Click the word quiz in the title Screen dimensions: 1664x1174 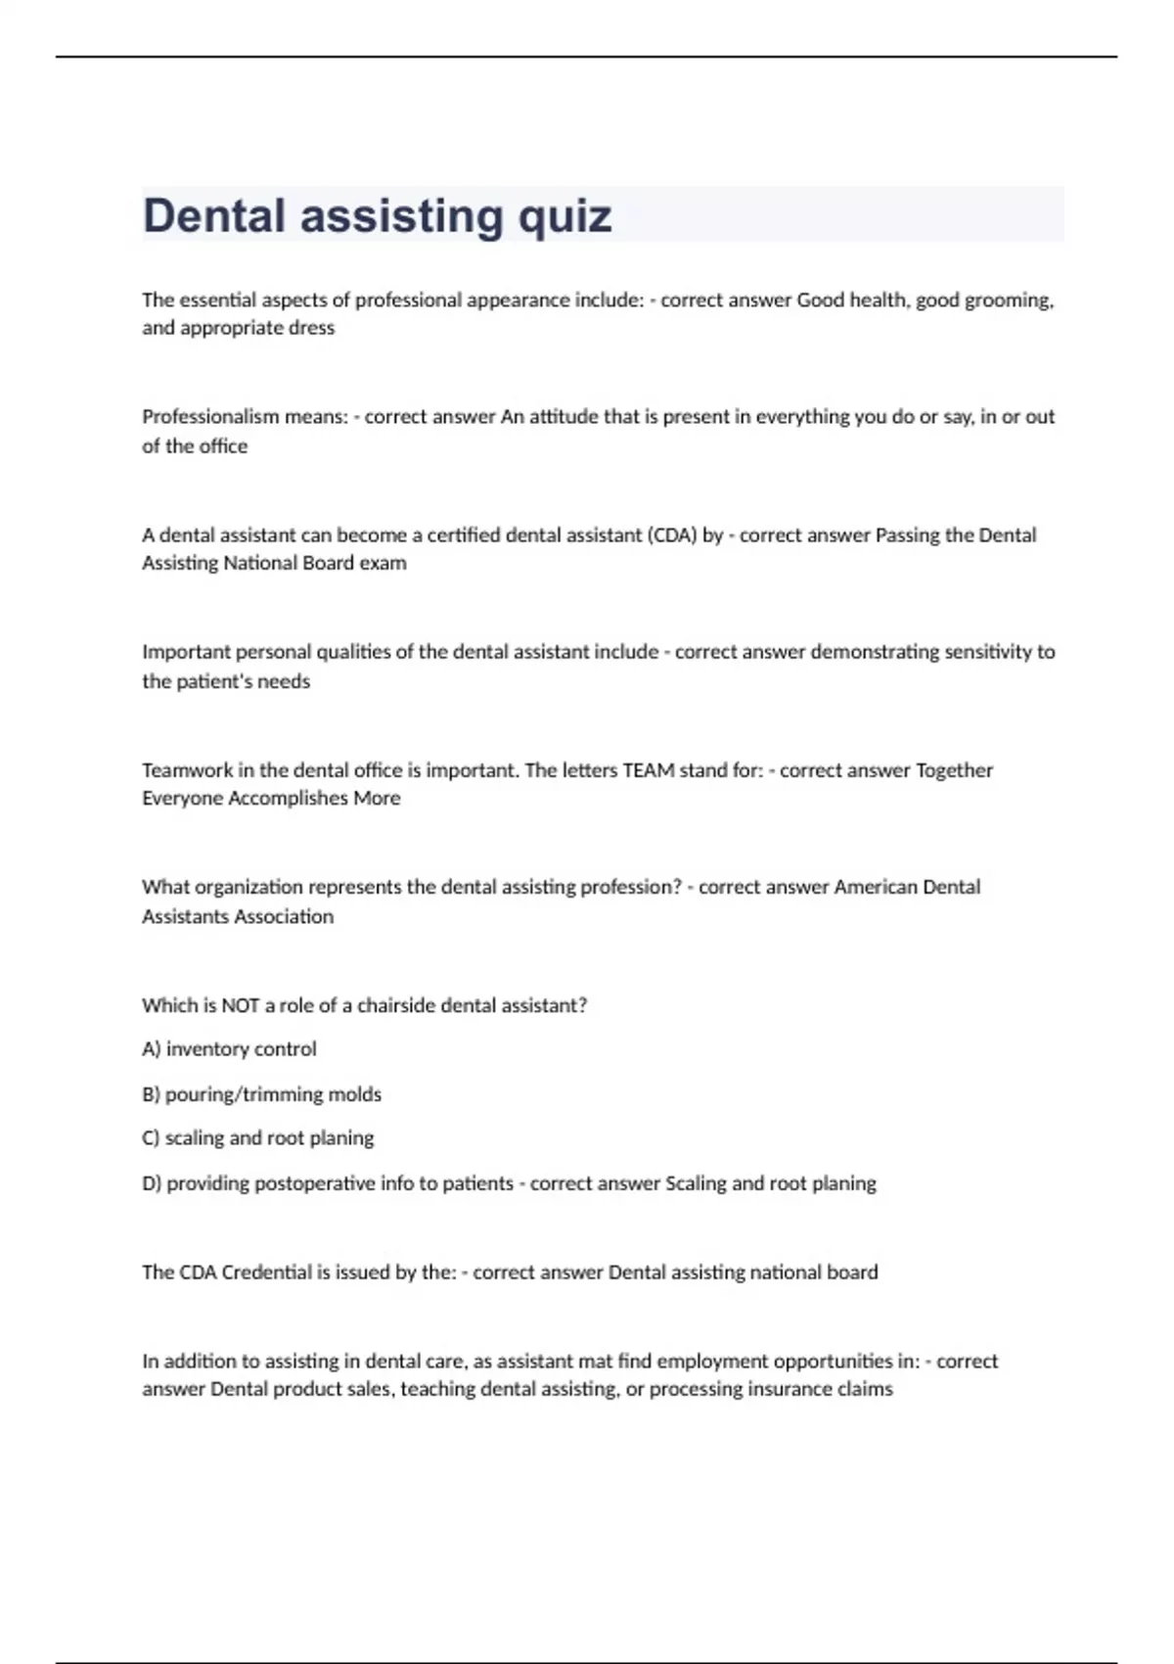[564, 216]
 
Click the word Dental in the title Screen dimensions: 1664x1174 [214, 215]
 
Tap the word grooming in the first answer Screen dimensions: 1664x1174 [1009, 300]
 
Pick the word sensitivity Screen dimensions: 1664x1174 [989, 652]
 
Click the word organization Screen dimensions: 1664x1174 [248, 888]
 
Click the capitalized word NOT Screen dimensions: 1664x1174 [240, 1005]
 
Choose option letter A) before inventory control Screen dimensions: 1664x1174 [151, 1049]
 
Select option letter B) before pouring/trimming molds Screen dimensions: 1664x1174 [151, 1094]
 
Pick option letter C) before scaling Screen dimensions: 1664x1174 [151, 1138]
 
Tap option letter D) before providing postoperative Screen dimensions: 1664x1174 [151, 1183]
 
